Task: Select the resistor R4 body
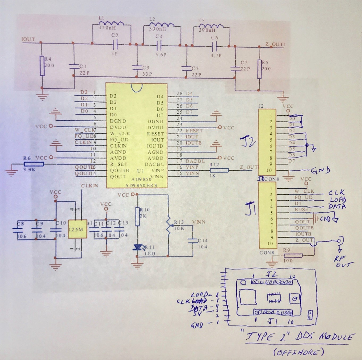point(42,66)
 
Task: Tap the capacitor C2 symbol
point(115,45)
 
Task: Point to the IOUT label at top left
point(28,39)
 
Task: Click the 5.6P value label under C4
point(161,54)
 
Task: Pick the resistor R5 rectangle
point(259,69)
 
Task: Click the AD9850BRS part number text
point(141,185)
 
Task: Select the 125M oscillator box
point(77,229)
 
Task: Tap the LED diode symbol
point(137,247)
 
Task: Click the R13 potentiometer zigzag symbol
point(168,226)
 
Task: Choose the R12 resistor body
point(219,170)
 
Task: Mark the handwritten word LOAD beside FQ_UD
point(338,200)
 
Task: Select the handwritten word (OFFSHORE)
point(298,352)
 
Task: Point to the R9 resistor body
point(293,256)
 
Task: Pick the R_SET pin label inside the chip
point(119,164)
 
